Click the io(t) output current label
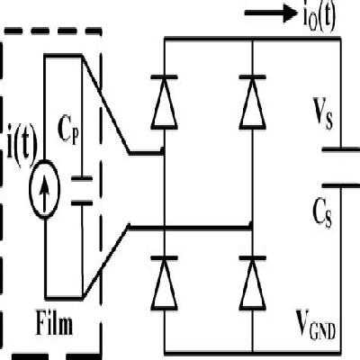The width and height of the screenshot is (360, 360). [x=305, y=17]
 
